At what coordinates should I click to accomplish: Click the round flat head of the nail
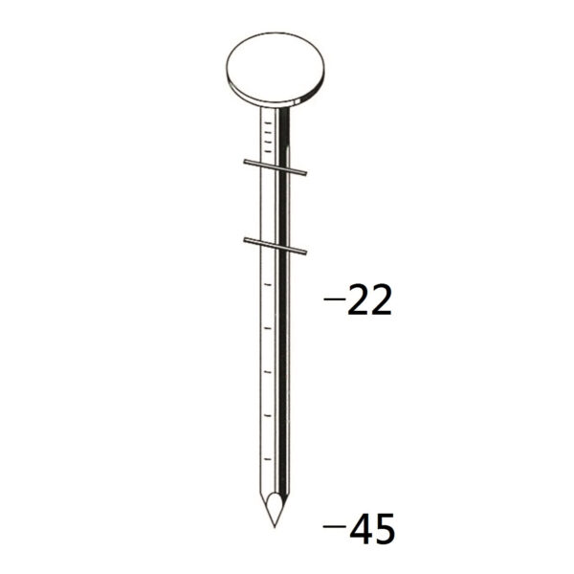276,70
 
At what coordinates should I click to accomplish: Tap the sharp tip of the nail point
275,527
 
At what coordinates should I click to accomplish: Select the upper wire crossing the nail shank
275,167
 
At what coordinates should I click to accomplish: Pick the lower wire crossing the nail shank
275,246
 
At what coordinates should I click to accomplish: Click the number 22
369,300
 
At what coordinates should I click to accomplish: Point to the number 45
372,528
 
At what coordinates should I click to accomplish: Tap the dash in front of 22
335,298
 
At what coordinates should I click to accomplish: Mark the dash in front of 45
334,526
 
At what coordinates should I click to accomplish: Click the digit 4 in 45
361,528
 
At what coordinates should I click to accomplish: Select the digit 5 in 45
385,528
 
